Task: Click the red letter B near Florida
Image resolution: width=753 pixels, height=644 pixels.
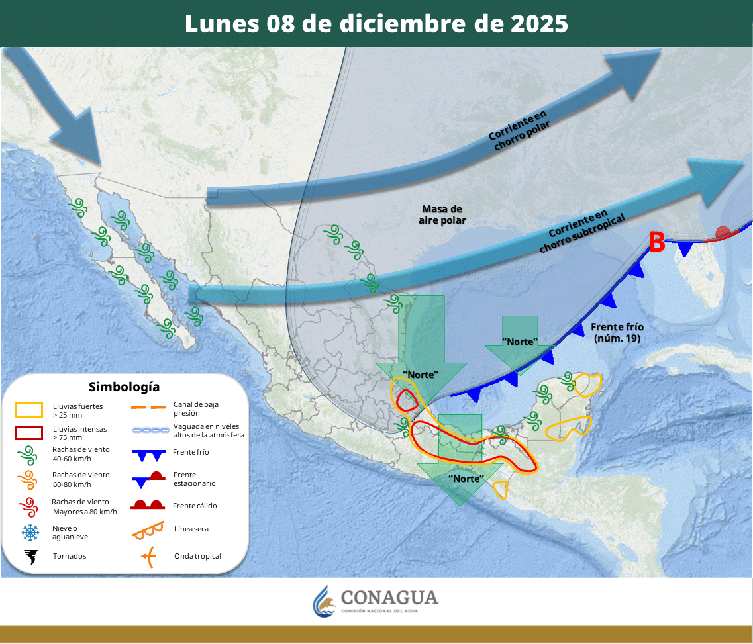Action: pyautogui.click(x=656, y=242)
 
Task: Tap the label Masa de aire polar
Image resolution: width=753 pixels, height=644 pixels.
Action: pyautogui.click(x=442, y=214)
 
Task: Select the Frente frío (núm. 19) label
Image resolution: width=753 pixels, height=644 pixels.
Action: pyautogui.click(x=617, y=332)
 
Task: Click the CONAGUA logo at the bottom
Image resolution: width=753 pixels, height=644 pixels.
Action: pyautogui.click(x=376, y=600)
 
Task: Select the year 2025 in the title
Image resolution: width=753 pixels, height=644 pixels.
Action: pyautogui.click(x=539, y=23)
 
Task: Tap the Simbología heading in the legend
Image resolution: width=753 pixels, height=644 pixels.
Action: pyautogui.click(x=124, y=387)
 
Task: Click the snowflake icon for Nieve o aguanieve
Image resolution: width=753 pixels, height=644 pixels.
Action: pyautogui.click(x=29, y=532)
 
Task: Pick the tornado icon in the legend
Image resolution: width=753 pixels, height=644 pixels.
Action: pyautogui.click(x=30, y=556)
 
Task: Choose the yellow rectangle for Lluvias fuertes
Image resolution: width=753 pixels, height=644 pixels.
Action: pyautogui.click(x=28, y=410)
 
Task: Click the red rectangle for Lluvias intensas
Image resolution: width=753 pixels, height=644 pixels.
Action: pyautogui.click(x=28, y=433)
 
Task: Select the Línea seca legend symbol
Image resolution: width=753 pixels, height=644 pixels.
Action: pyautogui.click(x=149, y=529)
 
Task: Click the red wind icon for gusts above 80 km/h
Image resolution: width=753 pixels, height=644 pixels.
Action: pyautogui.click(x=28, y=507)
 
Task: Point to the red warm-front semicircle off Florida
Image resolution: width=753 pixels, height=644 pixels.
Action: pyautogui.click(x=723, y=232)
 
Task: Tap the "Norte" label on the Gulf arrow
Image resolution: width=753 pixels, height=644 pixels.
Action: pyautogui.click(x=519, y=342)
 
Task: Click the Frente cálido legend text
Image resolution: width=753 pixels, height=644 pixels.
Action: pyautogui.click(x=195, y=506)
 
